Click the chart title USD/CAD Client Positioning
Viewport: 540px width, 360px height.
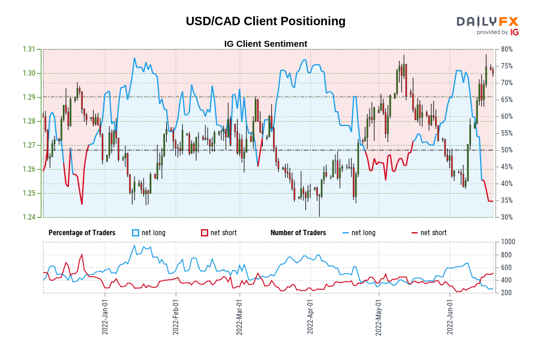click(265, 21)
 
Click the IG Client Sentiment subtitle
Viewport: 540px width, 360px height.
click(265, 44)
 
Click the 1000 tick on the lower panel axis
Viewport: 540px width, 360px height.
click(508, 242)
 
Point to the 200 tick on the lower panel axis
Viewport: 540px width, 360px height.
click(506, 293)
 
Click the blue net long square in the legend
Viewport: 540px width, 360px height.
click(136, 233)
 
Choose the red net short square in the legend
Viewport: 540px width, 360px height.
click(204, 233)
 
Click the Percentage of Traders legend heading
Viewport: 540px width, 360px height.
click(82, 233)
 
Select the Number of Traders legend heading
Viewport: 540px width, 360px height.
click(298, 233)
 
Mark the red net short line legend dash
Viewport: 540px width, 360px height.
click(414, 233)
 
